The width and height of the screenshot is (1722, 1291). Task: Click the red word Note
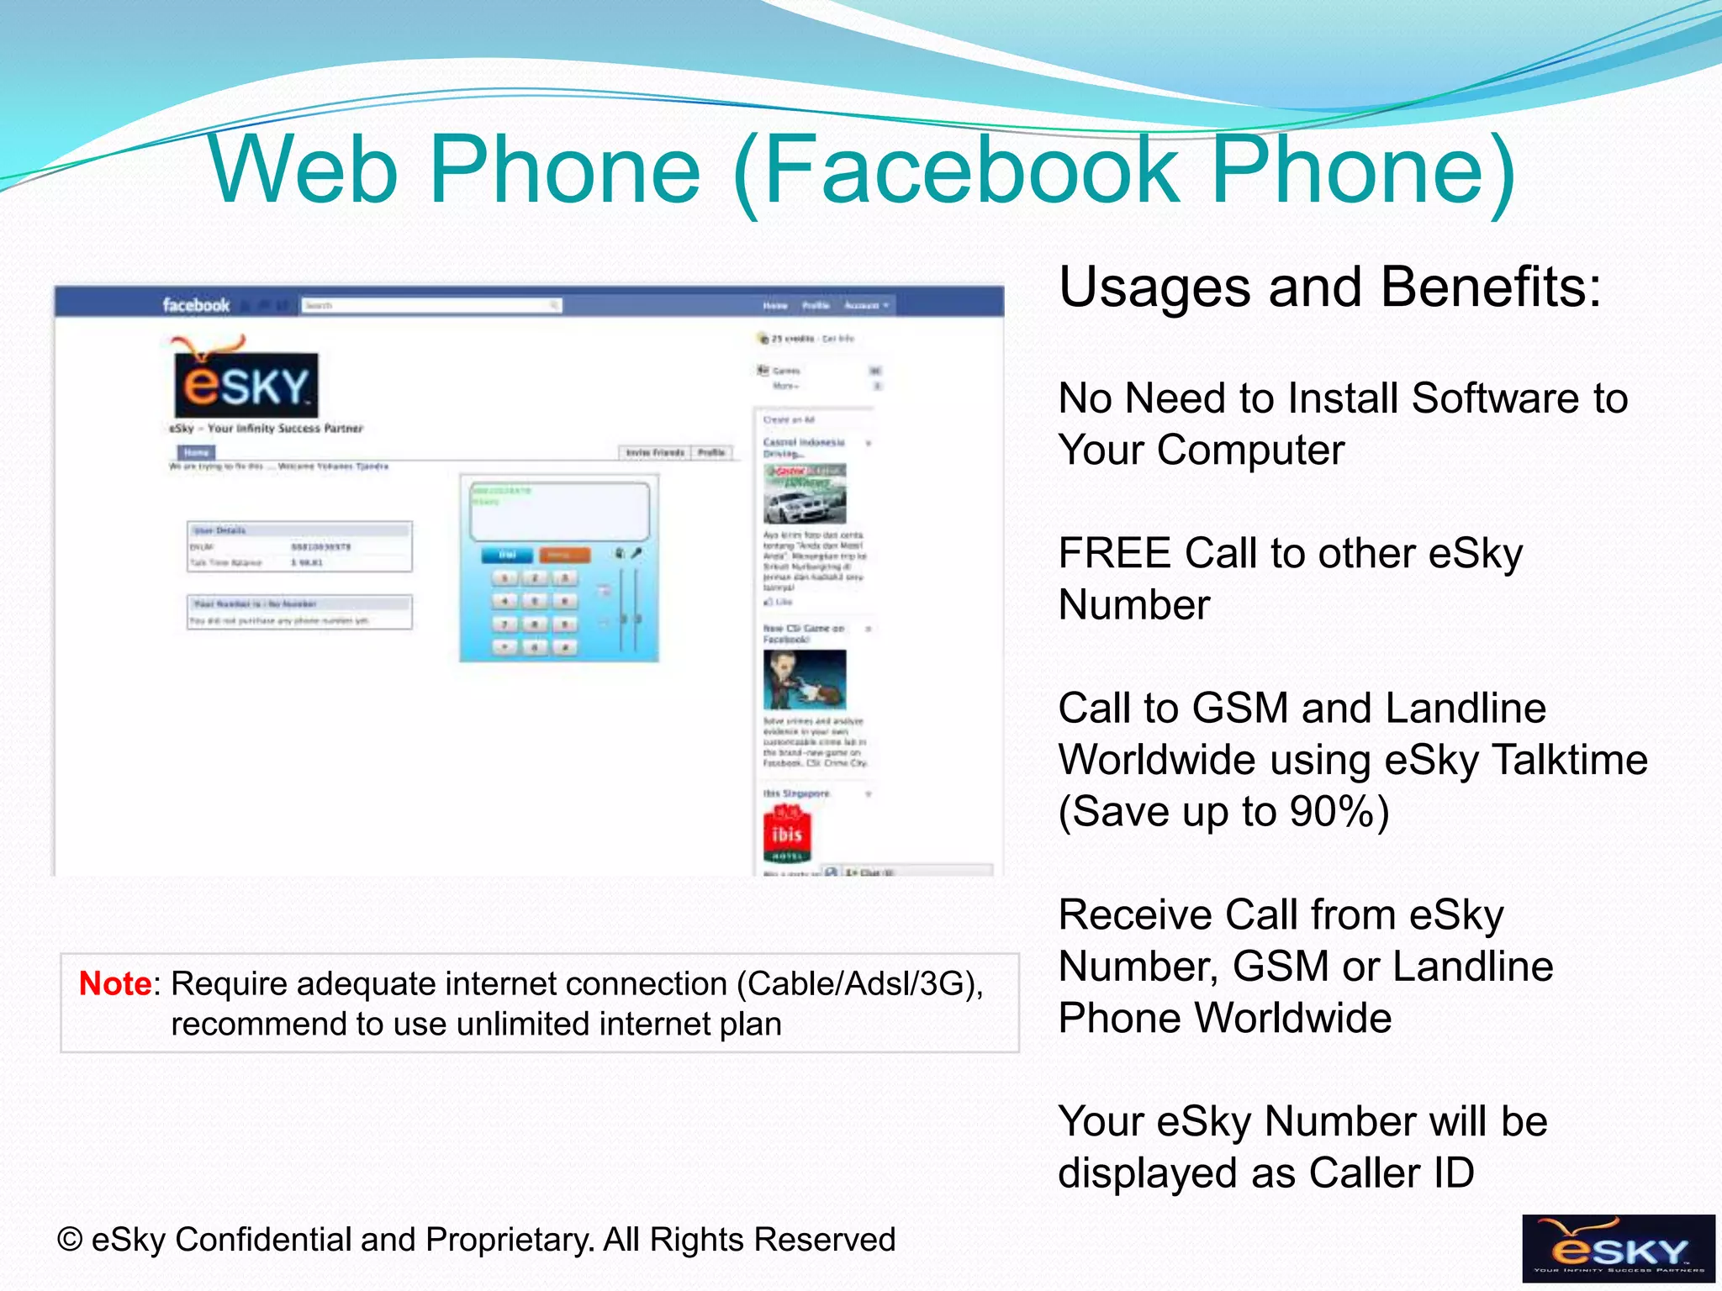point(115,983)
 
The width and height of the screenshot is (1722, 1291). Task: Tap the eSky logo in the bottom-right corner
point(1618,1248)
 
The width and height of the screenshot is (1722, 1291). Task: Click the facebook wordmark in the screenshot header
point(196,305)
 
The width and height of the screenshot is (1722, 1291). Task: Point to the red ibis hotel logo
point(787,833)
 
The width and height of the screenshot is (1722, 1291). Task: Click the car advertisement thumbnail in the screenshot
point(805,494)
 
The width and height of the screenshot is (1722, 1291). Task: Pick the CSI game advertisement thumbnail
point(805,680)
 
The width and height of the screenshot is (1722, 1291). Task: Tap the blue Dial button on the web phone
point(507,556)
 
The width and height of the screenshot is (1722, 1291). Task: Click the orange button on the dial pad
point(564,556)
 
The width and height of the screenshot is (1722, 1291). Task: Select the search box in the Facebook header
point(431,305)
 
